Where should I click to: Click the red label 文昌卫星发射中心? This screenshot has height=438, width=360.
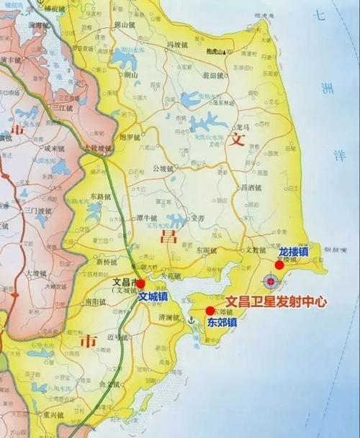tap(276, 303)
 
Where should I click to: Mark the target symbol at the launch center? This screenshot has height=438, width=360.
tap(271, 281)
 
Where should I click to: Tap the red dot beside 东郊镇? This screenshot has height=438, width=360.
tap(210, 311)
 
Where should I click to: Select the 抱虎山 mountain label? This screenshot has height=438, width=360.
tap(215, 52)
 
